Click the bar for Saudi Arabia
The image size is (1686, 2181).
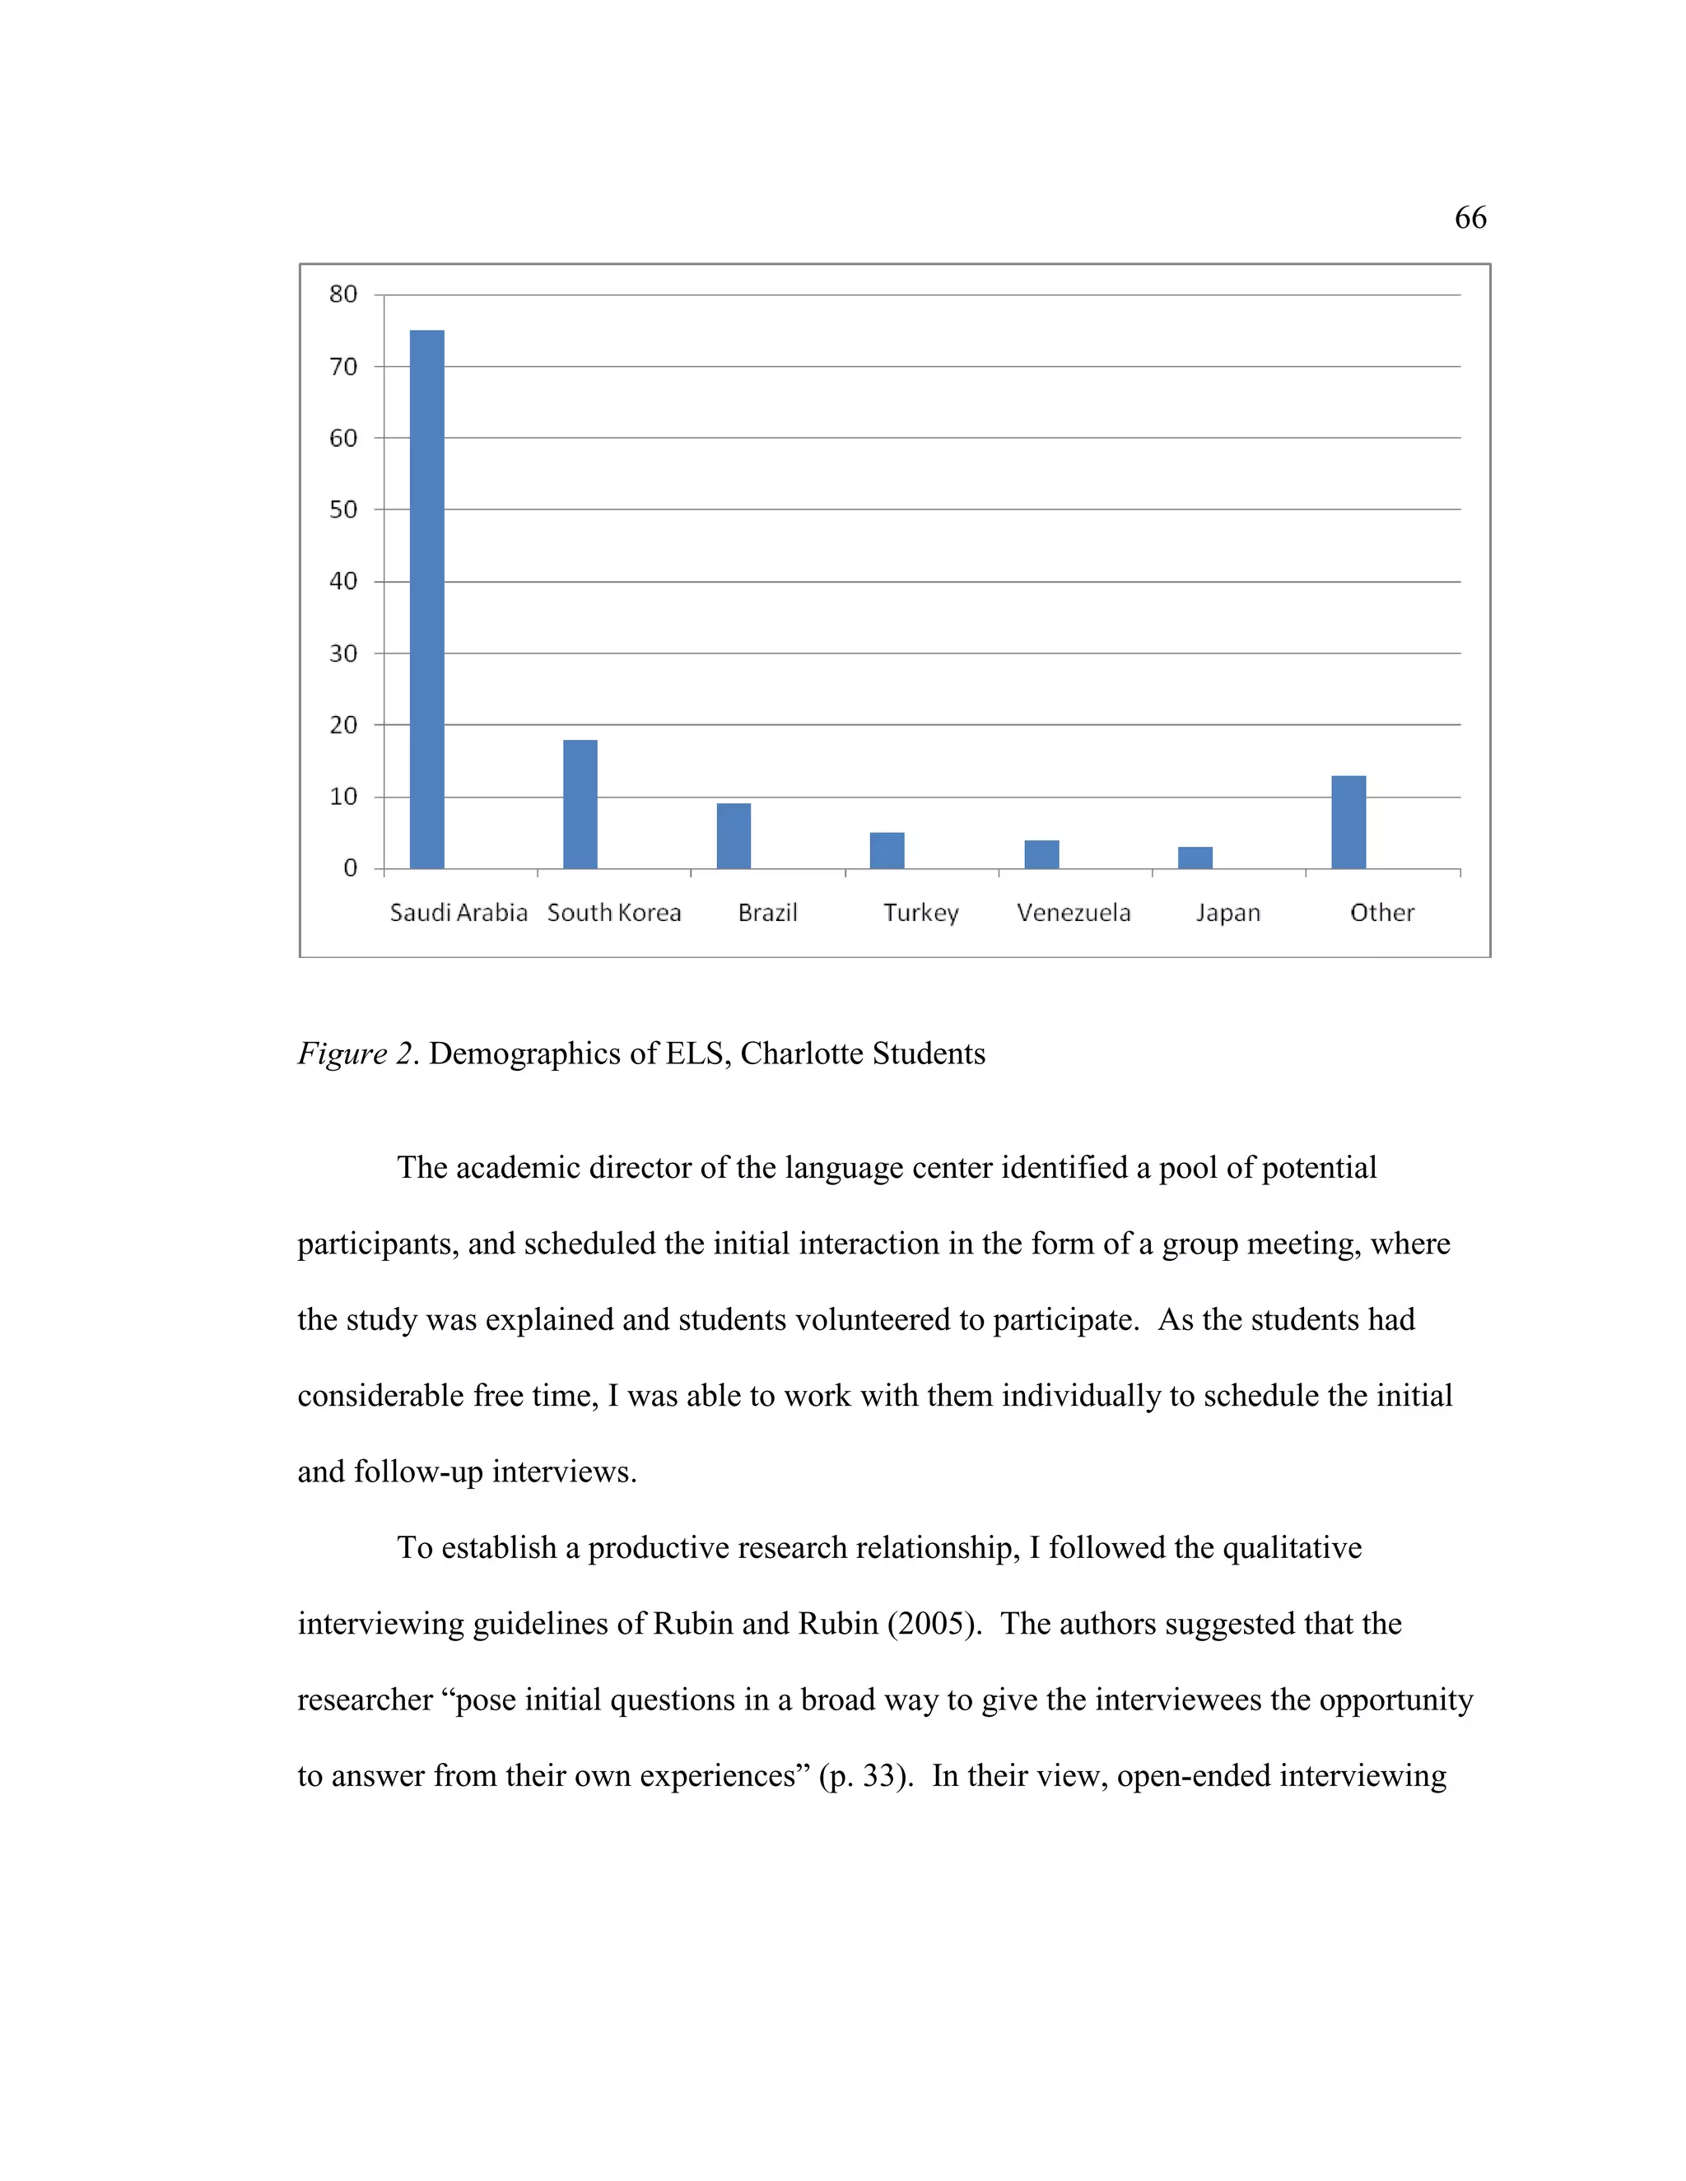point(426,599)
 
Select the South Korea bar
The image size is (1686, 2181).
point(580,804)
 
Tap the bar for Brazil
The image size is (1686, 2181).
point(734,836)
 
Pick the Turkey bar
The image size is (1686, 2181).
point(887,851)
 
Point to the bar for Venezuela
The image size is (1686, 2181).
point(1041,855)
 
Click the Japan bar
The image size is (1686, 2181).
point(1195,858)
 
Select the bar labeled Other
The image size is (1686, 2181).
point(1348,822)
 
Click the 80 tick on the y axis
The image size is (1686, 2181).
point(342,294)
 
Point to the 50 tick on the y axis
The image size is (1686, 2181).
point(342,509)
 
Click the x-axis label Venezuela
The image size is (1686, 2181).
point(1074,913)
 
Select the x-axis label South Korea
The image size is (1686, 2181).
point(614,913)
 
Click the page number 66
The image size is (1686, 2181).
point(1470,218)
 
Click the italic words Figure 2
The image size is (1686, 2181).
point(356,1053)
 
